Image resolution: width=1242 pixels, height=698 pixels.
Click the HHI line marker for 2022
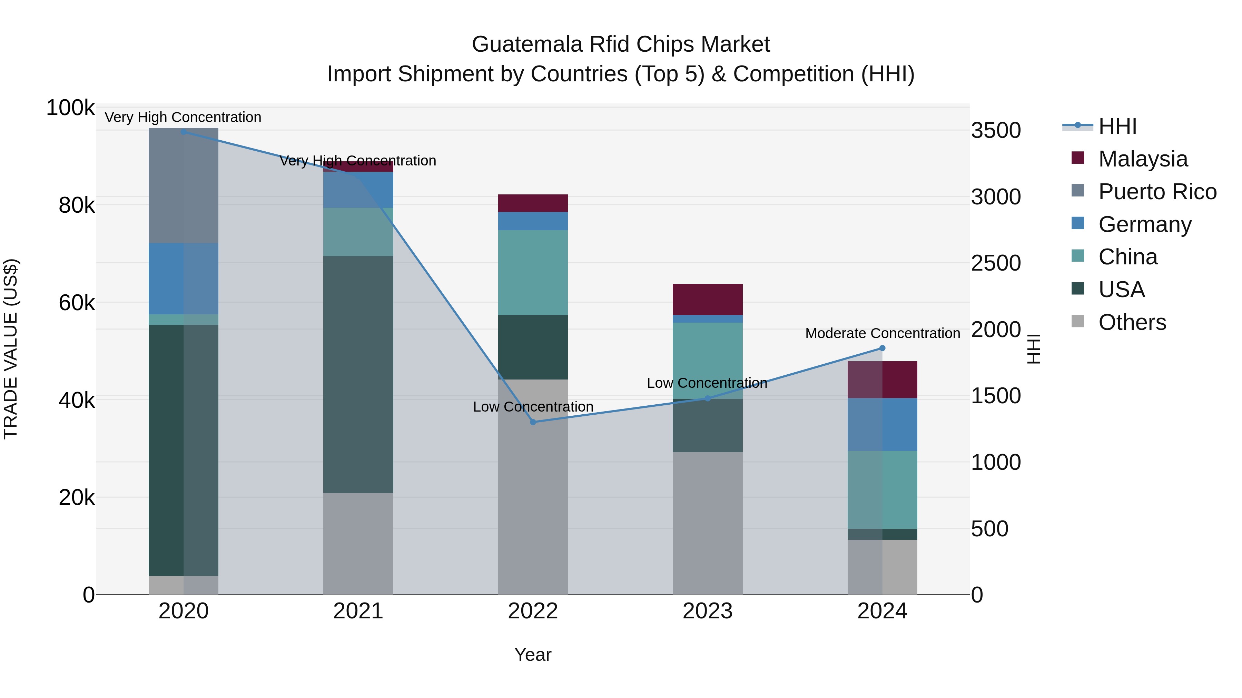533,422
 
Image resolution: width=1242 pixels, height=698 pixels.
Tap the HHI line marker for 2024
882,348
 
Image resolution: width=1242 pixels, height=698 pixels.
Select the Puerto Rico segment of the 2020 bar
183,185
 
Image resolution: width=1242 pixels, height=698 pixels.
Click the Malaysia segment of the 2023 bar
707,299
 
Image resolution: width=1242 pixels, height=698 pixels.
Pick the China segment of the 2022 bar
533,272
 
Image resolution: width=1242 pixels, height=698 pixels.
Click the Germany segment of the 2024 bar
882,424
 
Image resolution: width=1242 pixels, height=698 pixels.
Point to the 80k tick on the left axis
77,206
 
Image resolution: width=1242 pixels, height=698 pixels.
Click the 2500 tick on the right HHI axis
996,263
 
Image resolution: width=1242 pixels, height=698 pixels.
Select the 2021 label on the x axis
358,611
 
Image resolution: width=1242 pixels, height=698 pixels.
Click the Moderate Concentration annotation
882,333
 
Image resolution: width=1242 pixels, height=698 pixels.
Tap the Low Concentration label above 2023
707,383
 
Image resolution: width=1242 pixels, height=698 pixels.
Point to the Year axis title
533,655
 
